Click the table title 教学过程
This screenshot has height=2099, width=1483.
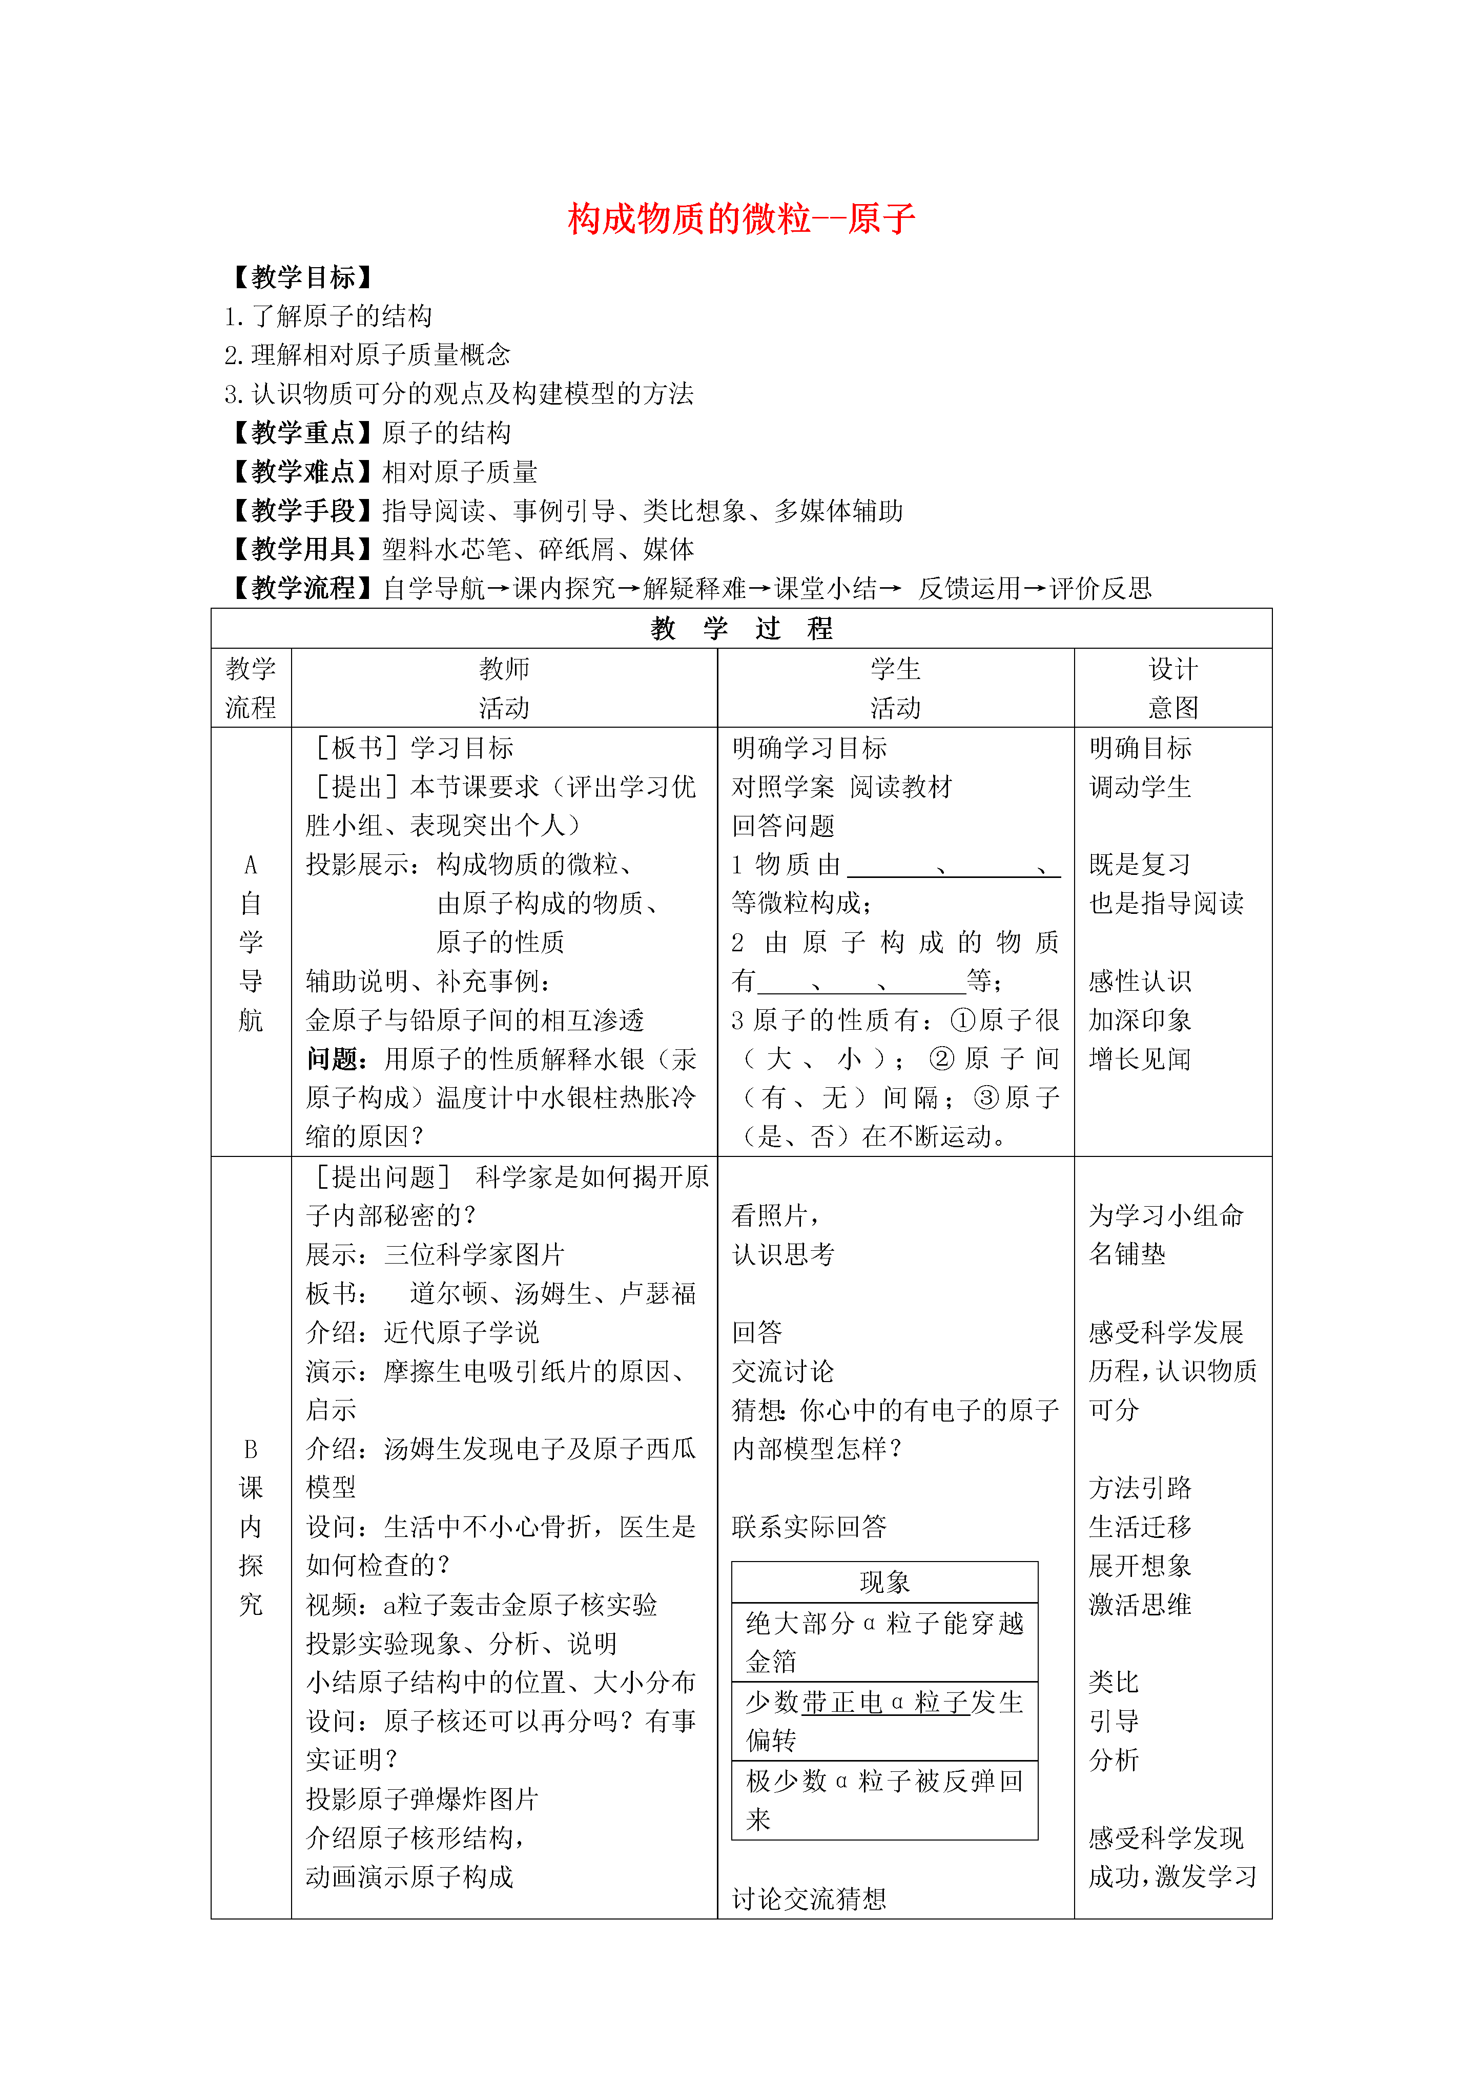741,628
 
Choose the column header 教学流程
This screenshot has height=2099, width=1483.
251,688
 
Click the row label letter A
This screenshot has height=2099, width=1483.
251,865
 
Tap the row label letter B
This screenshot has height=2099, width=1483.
251,1449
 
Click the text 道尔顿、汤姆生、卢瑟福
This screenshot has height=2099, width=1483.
553,1293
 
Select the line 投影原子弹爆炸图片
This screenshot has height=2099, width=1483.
422,1799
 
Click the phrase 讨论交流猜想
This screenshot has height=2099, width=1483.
809,1899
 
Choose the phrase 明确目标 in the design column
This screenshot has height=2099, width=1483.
1140,748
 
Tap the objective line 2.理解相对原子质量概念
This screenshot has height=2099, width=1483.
367,355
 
